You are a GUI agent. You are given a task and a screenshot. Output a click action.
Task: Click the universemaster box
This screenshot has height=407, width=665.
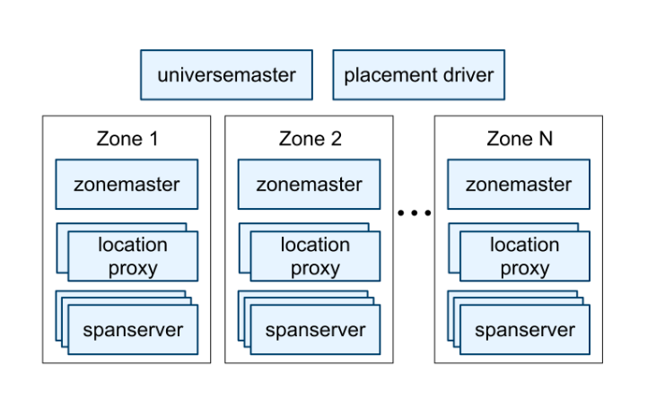tap(226, 74)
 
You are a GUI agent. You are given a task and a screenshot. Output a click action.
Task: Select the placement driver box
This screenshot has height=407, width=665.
tap(418, 74)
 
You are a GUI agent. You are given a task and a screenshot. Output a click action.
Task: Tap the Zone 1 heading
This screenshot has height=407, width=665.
tap(127, 139)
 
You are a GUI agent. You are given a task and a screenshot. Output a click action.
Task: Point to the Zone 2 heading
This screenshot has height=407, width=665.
tap(310, 139)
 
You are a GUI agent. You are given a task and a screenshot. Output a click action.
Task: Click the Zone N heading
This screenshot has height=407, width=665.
tap(520, 139)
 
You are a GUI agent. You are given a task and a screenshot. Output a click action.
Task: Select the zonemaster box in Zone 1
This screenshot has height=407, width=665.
tap(127, 185)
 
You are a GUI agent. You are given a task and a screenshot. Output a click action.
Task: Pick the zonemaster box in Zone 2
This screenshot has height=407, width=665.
tap(309, 185)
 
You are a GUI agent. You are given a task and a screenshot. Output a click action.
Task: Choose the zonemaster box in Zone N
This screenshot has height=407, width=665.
tap(518, 185)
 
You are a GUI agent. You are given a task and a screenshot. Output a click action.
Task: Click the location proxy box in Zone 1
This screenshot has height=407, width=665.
tap(133, 255)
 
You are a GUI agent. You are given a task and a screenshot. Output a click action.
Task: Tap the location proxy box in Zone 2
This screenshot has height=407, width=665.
tap(315, 255)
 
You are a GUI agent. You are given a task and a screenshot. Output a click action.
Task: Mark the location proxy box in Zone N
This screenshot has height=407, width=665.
tap(524, 255)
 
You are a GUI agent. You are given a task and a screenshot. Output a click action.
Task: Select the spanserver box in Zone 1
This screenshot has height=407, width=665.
tap(133, 329)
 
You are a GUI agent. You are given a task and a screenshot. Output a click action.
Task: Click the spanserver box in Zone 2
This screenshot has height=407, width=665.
tap(315, 329)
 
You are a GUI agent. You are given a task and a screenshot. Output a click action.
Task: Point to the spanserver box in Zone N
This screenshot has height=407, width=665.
tap(524, 329)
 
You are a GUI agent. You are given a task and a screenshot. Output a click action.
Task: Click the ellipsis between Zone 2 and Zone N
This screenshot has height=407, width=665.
tap(414, 213)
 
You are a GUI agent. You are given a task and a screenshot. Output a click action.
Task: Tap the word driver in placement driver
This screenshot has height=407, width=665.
tap(463, 74)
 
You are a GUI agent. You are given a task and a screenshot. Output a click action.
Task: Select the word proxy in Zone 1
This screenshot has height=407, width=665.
tap(133, 267)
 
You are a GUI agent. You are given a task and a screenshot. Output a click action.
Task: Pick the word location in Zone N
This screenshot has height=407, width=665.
tap(524, 245)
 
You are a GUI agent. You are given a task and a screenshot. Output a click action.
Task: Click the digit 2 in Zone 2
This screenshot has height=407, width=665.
tap(336, 139)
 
